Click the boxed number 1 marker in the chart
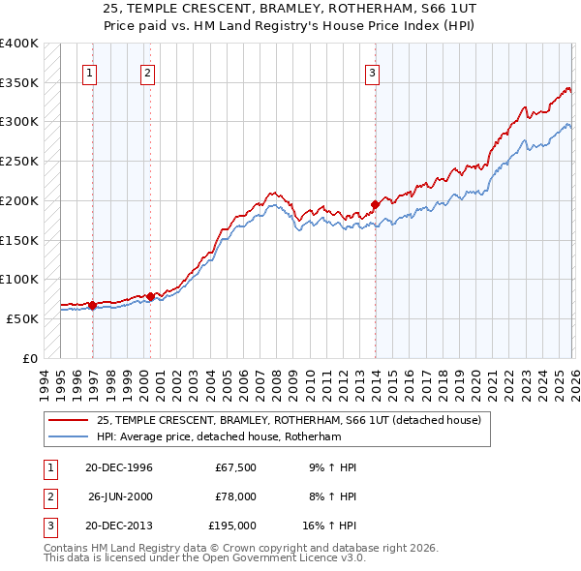tap(89, 72)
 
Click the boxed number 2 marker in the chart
tap(147, 72)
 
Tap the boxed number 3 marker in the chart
tap(372, 72)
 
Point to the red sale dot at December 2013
tap(375, 204)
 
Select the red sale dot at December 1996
tap(93, 305)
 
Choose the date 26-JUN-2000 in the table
tap(119, 496)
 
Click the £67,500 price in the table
tap(235, 467)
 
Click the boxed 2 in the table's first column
tap(48, 496)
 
